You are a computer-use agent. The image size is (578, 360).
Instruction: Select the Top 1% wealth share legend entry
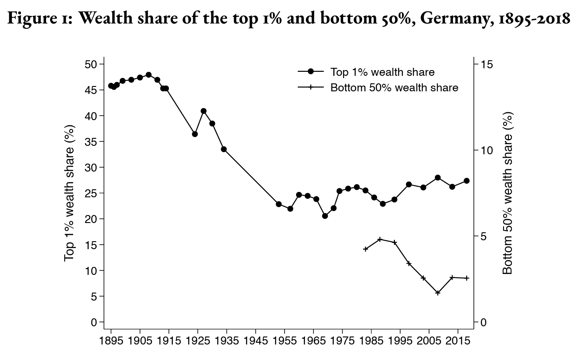pos(382,72)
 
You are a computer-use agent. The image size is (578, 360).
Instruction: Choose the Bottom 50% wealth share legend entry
pos(394,87)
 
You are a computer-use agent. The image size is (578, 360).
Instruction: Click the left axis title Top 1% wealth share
pos(70,193)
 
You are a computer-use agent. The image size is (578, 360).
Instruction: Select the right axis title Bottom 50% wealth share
pos(508,193)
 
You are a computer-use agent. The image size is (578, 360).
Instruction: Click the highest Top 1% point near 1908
pos(148,75)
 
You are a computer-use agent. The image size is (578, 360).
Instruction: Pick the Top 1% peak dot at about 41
pos(203,111)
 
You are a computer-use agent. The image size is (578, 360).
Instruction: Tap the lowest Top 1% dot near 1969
pos(325,216)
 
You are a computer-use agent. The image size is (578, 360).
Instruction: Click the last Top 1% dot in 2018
pos(467,180)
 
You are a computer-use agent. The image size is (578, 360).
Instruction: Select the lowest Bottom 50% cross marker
pos(438,293)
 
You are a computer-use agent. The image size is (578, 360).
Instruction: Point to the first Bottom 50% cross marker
pos(365,249)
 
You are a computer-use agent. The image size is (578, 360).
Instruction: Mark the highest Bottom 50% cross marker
pos(380,239)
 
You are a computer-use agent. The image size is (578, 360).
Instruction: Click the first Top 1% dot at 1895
pos(111,86)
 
